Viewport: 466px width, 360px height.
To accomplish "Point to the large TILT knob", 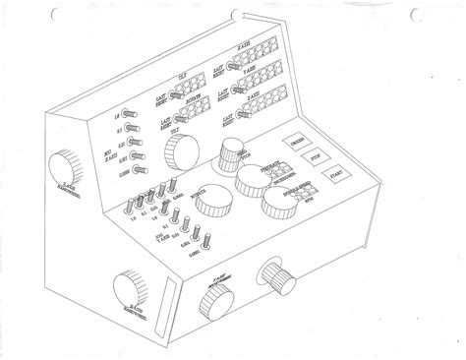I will pos(180,151).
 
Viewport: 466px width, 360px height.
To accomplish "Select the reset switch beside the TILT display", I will pos(167,95).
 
